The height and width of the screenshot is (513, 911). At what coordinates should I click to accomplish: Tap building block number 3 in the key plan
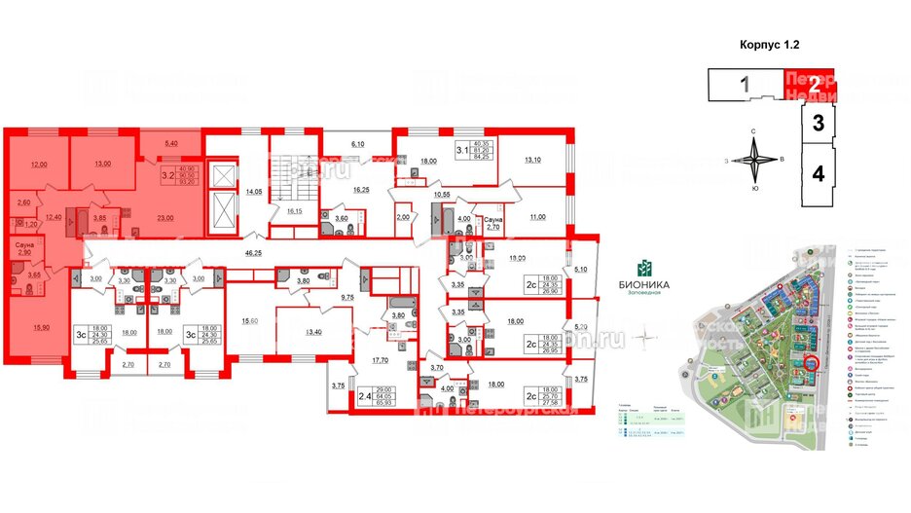coord(819,124)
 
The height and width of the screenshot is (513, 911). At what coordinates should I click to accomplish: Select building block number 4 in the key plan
coord(819,175)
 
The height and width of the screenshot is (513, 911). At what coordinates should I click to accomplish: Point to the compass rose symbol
coord(756,160)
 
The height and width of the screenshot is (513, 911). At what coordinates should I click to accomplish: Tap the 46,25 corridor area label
coord(255,253)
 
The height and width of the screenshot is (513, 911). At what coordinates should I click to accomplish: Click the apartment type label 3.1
coord(461,152)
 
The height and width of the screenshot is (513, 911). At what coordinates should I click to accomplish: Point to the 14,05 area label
coord(255,193)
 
